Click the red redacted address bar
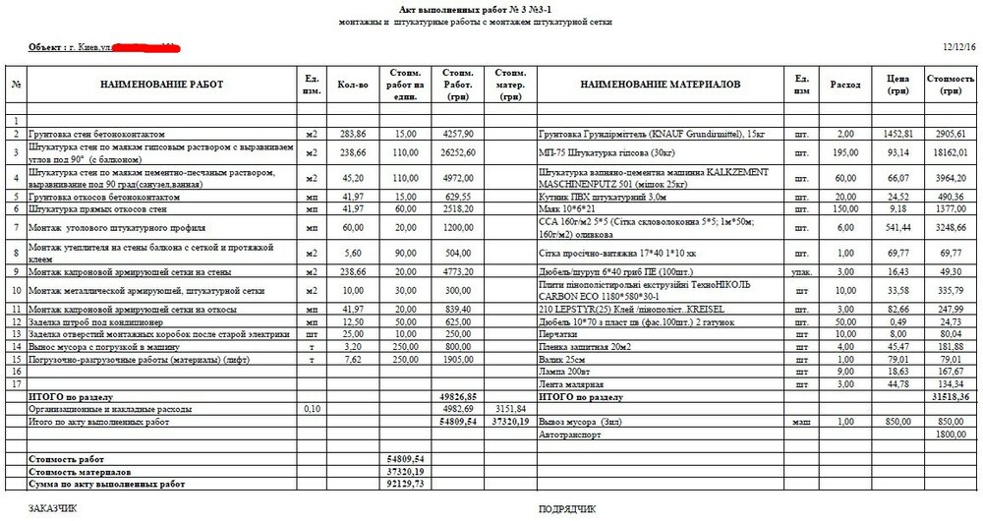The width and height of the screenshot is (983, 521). click(144, 46)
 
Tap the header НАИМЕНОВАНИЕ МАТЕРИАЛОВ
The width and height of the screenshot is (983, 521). click(660, 86)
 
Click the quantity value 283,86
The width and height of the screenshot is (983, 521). click(352, 133)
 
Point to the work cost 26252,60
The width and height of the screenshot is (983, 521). click(459, 152)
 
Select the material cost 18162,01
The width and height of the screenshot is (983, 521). click(950, 152)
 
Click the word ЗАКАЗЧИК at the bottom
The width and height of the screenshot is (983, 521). click(57, 508)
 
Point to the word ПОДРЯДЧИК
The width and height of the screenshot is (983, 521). click(568, 508)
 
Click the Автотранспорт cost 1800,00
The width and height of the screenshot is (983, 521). click(950, 434)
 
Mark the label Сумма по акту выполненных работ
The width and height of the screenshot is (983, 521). click(107, 485)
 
